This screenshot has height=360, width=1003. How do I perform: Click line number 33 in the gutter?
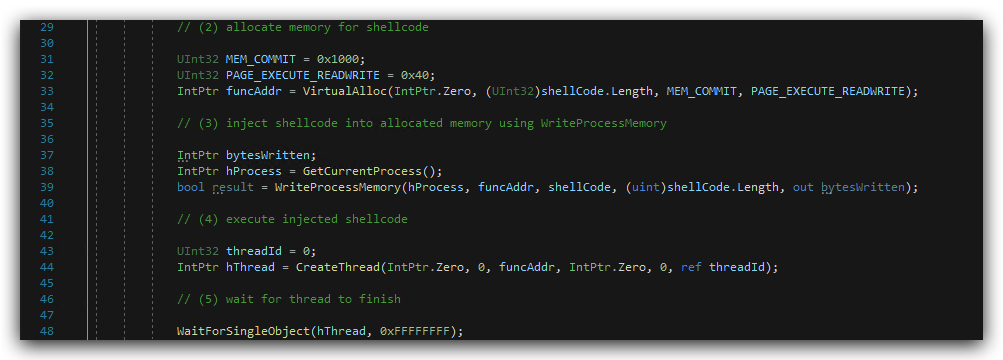(x=47, y=91)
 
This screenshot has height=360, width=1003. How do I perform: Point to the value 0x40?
(x=415, y=75)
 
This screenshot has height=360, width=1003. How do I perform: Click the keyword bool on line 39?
(x=191, y=187)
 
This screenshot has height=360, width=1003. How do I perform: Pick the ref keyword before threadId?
(x=691, y=267)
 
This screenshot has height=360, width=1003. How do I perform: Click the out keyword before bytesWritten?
(x=803, y=187)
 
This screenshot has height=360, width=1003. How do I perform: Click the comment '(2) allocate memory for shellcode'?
(x=303, y=27)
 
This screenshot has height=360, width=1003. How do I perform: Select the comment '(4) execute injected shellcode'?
(x=292, y=219)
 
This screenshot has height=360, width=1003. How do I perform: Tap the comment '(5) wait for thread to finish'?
(x=288, y=299)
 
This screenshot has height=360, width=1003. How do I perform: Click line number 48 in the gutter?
(x=47, y=331)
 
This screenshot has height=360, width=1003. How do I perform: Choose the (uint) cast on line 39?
(x=645, y=187)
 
